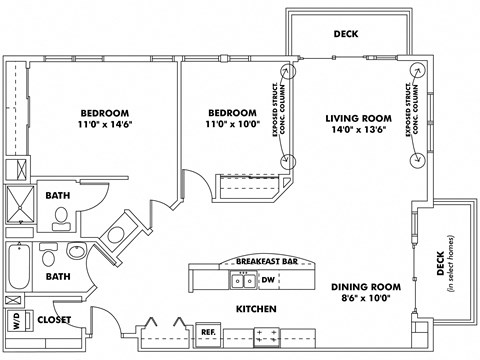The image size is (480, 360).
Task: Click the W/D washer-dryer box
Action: coord(17,322)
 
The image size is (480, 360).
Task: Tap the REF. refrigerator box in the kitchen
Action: coord(209,331)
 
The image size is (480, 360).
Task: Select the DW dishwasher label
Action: coord(270,279)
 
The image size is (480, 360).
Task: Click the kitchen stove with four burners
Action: coord(265,335)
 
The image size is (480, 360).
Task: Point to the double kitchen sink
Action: coord(241,279)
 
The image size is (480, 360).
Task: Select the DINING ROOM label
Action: coord(366,286)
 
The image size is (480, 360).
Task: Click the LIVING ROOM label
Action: coord(354,119)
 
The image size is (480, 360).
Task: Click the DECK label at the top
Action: coord(346,34)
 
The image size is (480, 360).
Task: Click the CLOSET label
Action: coord(55,321)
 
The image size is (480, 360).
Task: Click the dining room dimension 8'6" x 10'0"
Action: coord(366,297)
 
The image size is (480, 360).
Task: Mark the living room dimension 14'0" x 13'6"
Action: coord(354,131)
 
